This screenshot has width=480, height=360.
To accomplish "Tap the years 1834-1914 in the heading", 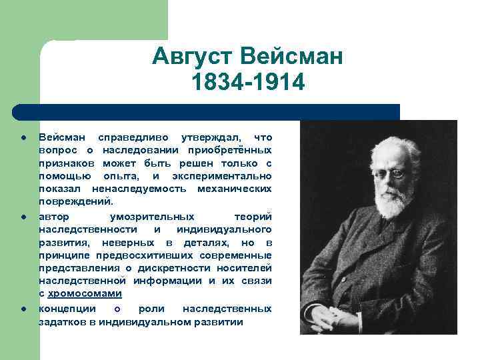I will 247,84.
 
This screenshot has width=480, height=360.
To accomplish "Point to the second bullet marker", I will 23,217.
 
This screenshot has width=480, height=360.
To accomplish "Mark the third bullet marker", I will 23,309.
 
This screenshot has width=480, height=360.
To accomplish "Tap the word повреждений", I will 75,201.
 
